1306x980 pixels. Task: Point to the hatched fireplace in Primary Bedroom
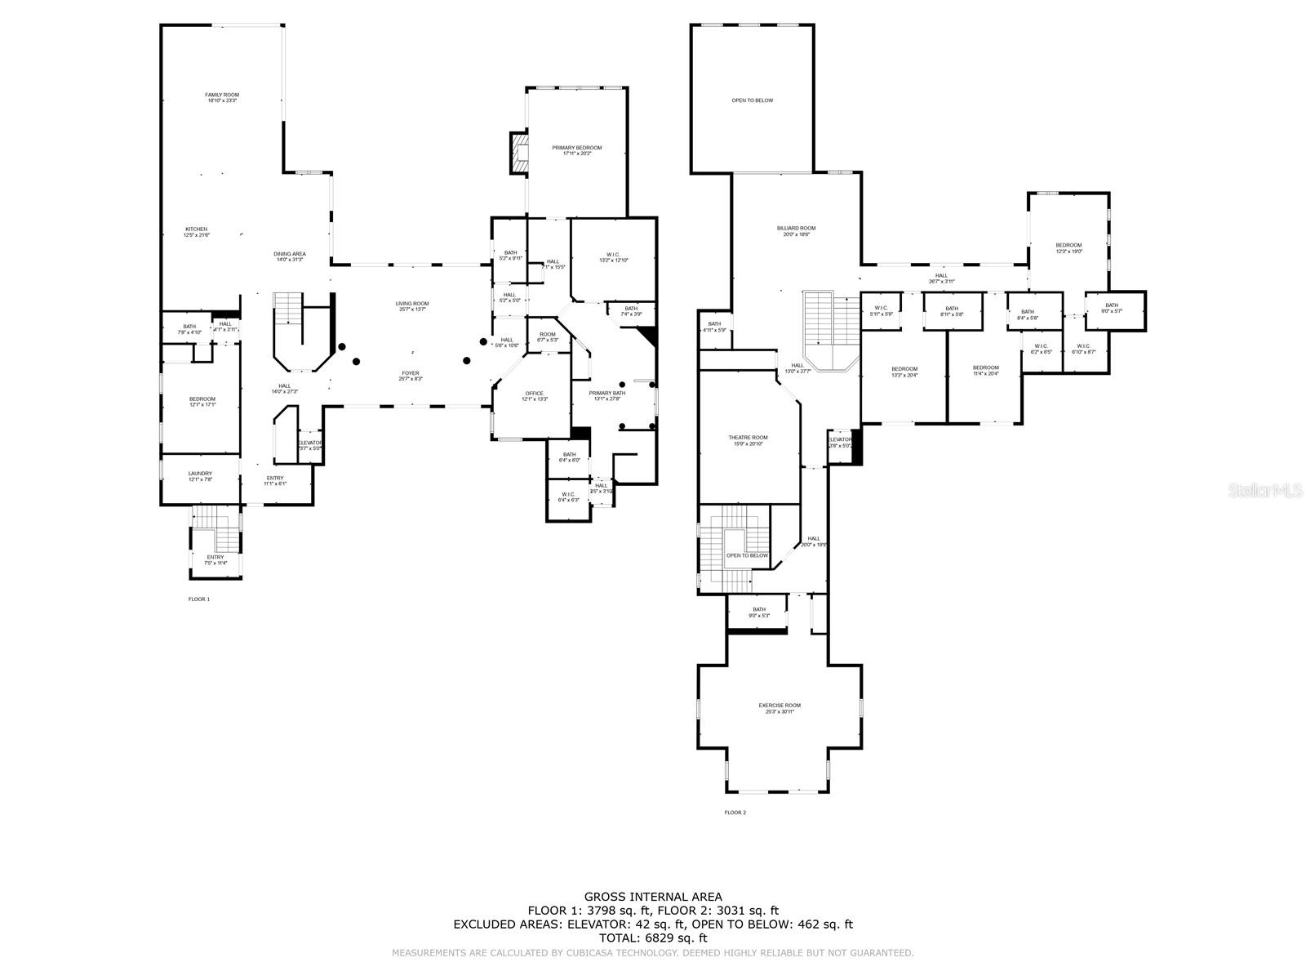[520, 154]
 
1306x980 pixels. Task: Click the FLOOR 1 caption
[199, 599]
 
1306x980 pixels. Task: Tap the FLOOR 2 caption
[735, 813]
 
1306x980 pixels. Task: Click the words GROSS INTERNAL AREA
[653, 897]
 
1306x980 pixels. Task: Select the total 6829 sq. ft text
[653, 938]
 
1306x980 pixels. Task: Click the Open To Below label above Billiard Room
[752, 100]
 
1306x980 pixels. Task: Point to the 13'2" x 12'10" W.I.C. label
[613, 257]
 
